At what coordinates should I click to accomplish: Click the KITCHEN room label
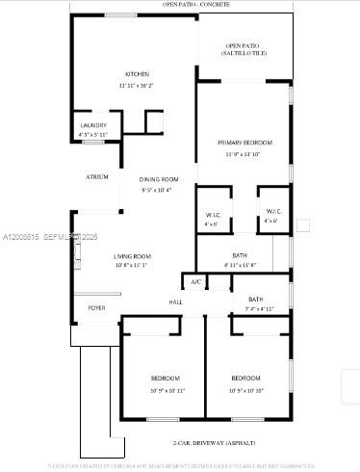136,75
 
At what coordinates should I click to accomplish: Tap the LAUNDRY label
93,125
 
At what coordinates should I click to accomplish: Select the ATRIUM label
97,177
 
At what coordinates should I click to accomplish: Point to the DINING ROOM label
159,180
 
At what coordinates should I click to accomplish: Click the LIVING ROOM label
131,255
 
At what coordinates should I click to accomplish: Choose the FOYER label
97,308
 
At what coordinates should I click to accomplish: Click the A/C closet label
195,281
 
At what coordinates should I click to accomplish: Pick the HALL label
176,303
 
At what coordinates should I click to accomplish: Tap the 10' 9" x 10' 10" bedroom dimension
246,390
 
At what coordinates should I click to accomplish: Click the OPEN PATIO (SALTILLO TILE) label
244,49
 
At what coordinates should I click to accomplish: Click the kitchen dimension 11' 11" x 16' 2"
136,86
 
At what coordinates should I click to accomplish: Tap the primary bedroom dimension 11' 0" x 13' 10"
243,153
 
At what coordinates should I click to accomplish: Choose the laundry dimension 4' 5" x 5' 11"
93,135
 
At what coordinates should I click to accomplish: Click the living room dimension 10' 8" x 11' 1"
131,265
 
